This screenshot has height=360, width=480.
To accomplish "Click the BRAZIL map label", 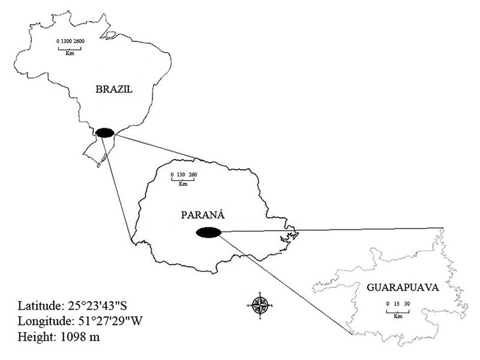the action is tap(113, 89).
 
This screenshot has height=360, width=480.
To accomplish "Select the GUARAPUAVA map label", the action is tap(403, 287).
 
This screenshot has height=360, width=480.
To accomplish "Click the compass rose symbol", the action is tap(260, 305).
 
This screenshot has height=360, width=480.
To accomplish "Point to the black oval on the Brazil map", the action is tap(105, 133).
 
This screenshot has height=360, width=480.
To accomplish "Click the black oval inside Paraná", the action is tap(208, 232).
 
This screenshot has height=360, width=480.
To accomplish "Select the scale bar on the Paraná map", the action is tap(183, 179).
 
